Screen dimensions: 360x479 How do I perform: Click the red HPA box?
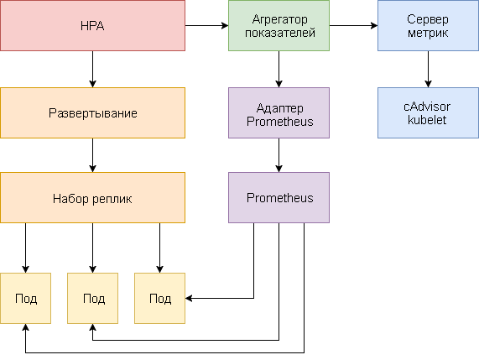[92, 26]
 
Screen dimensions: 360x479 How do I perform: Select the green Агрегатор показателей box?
[278, 26]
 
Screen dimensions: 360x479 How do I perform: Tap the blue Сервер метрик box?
[428, 26]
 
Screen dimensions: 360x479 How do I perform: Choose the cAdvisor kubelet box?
[428, 112]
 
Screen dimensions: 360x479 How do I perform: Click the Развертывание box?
[92, 112]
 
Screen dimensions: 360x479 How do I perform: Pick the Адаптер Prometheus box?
[278, 112]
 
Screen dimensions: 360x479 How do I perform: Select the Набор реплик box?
[92, 198]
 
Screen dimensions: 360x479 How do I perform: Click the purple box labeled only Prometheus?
[278, 198]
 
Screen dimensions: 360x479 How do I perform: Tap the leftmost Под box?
[25, 299]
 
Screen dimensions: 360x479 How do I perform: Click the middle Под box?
[92, 299]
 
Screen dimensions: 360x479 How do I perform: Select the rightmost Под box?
[159, 299]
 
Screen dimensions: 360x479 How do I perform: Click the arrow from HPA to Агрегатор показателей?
[206, 26]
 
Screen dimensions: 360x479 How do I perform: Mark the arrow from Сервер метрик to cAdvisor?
[428, 70]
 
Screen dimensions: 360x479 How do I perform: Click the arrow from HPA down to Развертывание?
[92, 70]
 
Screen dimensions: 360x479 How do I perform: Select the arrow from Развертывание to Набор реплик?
[92, 155]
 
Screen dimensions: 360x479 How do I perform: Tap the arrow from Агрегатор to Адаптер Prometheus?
[278, 70]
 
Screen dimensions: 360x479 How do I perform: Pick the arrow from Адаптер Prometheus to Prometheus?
[278, 155]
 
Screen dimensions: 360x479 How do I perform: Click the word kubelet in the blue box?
[428, 121]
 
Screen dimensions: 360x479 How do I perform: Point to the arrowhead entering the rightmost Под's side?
[190, 298]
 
